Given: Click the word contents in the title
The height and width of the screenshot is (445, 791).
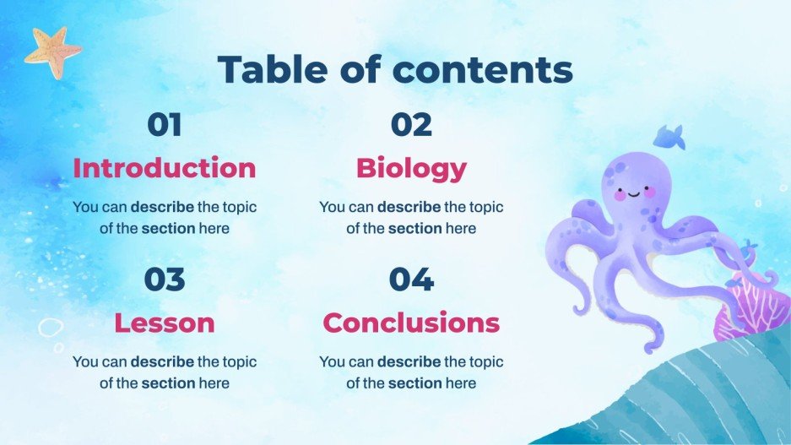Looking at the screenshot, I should click(484, 70).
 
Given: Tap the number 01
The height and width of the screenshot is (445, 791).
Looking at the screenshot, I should click(165, 125).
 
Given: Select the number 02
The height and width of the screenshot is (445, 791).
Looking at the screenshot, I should click(411, 125).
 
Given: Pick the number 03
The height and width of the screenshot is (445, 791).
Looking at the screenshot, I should click(165, 279).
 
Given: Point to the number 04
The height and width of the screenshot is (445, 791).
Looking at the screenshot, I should click(411, 279).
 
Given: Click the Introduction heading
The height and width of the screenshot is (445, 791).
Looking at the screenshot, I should click(165, 168).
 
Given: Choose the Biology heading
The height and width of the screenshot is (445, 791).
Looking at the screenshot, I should click(411, 168).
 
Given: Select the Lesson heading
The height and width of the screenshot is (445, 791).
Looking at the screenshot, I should click(165, 323).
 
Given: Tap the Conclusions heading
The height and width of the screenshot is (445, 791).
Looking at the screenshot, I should click(411, 323).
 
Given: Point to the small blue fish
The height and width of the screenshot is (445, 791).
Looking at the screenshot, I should click(670, 135).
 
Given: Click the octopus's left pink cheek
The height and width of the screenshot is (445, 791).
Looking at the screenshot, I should click(618, 195).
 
